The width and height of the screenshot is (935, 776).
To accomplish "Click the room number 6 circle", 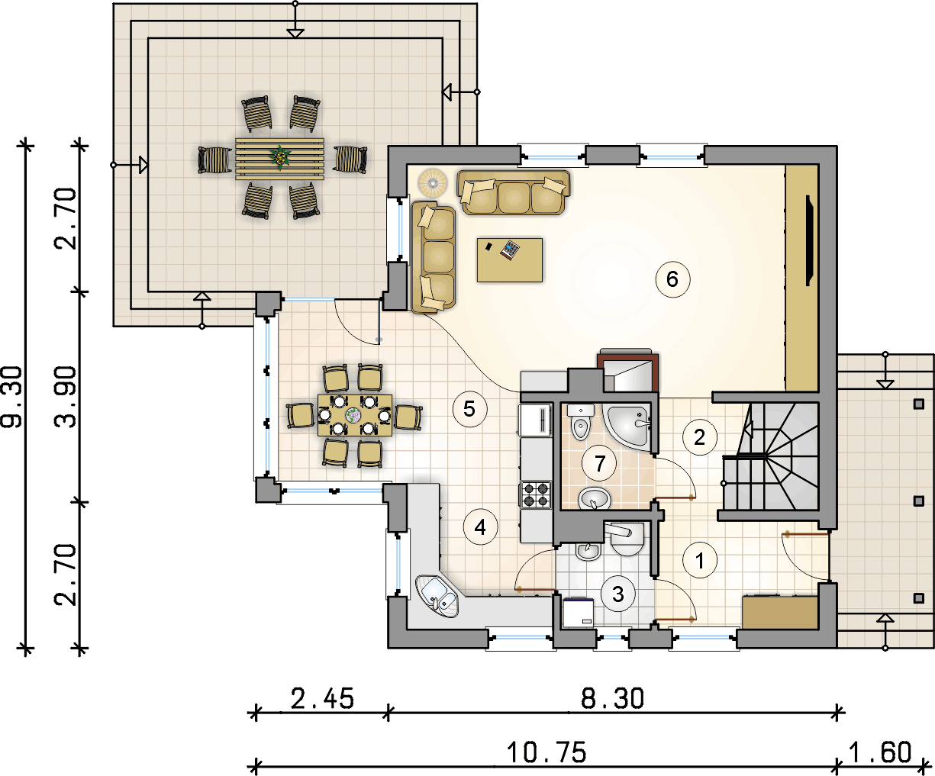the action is pyautogui.click(x=672, y=279).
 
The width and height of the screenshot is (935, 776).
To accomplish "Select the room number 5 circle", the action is pyautogui.click(x=469, y=409).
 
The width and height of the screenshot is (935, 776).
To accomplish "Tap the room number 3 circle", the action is pyautogui.click(x=618, y=594).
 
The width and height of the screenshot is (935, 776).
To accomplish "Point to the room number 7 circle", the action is pyautogui.click(x=600, y=463).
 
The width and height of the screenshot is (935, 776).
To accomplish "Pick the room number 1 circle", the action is pyautogui.click(x=699, y=560).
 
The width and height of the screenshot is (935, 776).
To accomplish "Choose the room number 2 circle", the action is pyautogui.click(x=699, y=437).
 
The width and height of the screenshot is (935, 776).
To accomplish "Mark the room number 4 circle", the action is pyautogui.click(x=481, y=527).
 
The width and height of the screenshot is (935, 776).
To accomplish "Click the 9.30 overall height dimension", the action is pyautogui.click(x=12, y=397).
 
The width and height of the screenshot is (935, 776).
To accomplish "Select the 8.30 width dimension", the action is pyautogui.click(x=613, y=698).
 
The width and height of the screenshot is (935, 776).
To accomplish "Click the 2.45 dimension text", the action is pyautogui.click(x=322, y=698).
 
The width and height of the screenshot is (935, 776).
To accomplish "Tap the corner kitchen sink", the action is pyautogui.click(x=437, y=597).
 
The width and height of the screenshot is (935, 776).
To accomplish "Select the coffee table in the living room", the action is pyautogui.click(x=510, y=260).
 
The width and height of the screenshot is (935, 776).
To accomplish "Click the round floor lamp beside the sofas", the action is pyautogui.click(x=433, y=182).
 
